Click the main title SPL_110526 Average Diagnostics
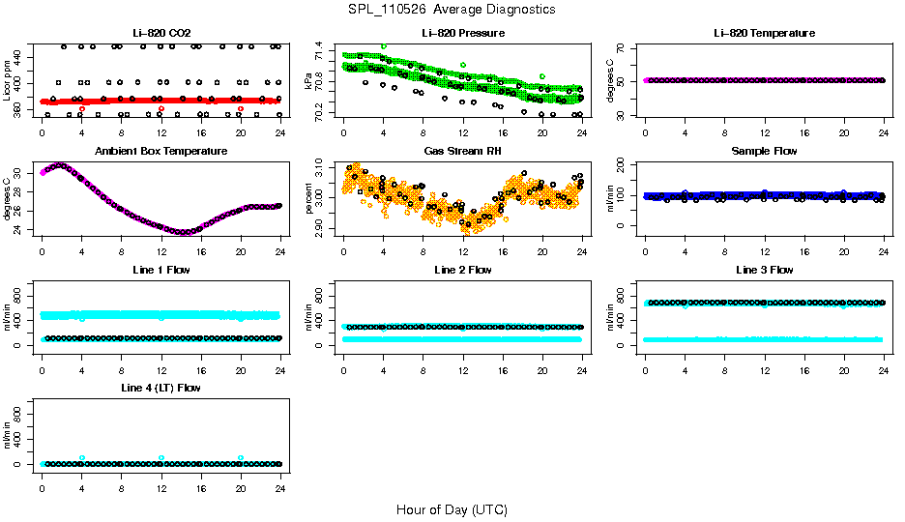[x=452, y=9]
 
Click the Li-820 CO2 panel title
[x=161, y=33]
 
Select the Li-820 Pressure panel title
[x=462, y=33]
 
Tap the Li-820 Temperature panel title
[x=764, y=33]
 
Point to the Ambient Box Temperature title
[x=161, y=152]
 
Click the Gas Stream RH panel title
[x=462, y=152]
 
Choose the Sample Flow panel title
[x=764, y=152]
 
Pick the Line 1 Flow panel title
[x=161, y=270]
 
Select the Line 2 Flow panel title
[x=462, y=270]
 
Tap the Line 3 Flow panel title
[x=764, y=270]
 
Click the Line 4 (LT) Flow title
[x=161, y=388]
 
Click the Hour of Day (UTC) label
[x=452, y=509]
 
